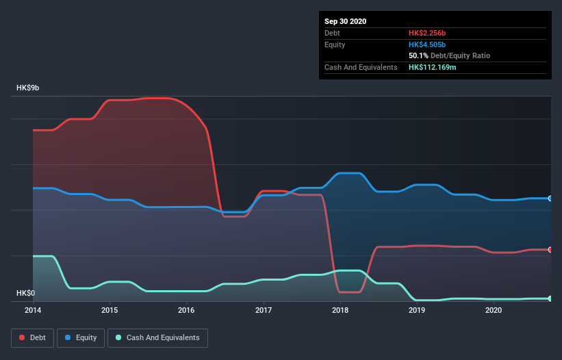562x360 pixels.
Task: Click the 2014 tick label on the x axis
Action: pyautogui.click(x=33, y=310)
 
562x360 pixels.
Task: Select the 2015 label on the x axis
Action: pyautogui.click(x=110, y=310)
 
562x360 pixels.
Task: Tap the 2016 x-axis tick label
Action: pyautogui.click(x=186, y=310)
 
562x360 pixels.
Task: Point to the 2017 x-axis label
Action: pyautogui.click(x=263, y=310)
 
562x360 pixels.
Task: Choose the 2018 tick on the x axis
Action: pyautogui.click(x=340, y=310)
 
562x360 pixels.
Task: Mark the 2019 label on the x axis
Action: pyautogui.click(x=416, y=310)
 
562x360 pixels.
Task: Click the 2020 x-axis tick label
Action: pyautogui.click(x=493, y=310)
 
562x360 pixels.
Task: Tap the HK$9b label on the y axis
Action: pyautogui.click(x=29, y=88)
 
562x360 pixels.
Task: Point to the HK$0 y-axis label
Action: pyautogui.click(x=26, y=293)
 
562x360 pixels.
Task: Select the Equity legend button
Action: pyautogui.click(x=81, y=337)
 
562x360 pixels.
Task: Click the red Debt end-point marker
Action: pyautogui.click(x=550, y=250)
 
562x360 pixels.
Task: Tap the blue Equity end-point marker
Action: pyautogui.click(x=550, y=198)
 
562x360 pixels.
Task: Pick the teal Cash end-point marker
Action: pyautogui.click(x=550, y=298)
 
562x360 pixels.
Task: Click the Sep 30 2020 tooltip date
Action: pyautogui.click(x=346, y=21)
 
